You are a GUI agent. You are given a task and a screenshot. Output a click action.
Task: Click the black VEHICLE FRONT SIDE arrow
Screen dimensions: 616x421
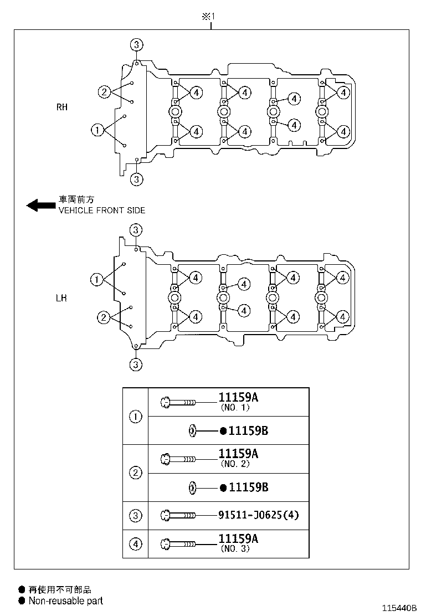click(39, 206)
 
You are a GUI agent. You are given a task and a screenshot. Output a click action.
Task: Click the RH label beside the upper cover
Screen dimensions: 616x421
click(61, 107)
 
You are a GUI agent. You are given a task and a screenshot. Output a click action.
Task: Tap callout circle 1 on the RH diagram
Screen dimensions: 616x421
click(97, 130)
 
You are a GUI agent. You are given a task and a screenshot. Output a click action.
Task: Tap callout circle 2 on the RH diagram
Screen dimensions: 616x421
click(104, 91)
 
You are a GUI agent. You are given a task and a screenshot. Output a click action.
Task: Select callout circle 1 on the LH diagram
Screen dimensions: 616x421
click(97, 280)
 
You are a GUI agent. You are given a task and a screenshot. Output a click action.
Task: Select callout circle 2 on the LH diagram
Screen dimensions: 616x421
click(104, 317)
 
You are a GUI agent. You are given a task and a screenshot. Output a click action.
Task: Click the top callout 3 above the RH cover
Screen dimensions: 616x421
click(137, 44)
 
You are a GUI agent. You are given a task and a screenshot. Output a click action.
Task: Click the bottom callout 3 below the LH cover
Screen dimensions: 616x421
click(136, 365)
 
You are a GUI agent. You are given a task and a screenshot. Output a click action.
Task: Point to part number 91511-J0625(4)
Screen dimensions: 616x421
click(259, 515)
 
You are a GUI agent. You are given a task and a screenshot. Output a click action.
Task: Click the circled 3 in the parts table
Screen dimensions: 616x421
click(136, 516)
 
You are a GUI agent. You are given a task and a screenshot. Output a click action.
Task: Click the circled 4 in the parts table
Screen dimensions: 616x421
click(136, 544)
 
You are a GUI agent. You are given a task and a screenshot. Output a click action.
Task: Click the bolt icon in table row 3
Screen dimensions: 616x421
click(178, 515)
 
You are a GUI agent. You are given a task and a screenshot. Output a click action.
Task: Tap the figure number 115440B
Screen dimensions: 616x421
click(397, 608)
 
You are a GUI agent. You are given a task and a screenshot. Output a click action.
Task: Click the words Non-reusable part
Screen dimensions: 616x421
click(66, 600)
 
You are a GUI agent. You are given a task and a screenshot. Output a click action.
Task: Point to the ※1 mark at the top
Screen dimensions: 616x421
click(208, 17)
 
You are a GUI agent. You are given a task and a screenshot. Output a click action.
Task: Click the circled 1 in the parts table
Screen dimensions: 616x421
click(136, 417)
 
